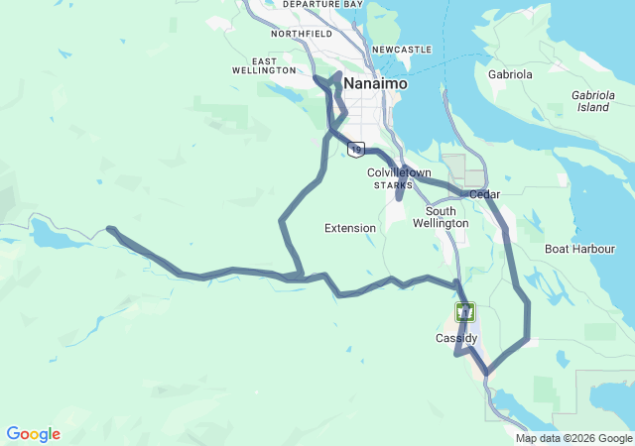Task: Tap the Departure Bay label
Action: point(322,5)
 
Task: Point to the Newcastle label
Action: point(402,49)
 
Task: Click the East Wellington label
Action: point(264,65)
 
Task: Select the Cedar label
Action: point(484,194)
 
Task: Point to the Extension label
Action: point(350,228)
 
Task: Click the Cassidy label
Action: point(456,338)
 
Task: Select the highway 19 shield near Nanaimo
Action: point(355,149)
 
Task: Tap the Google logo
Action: point(33,434)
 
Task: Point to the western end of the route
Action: point(109,229)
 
